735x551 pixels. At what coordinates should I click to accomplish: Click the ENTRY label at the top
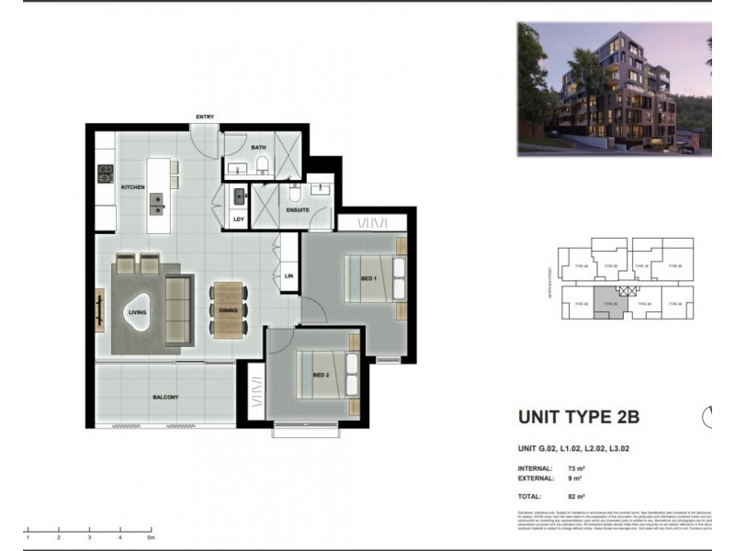click(x=204, y=117)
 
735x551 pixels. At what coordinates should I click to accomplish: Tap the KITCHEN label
click(x=133, y=187)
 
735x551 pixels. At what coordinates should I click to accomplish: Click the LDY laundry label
click(x=239, y=219)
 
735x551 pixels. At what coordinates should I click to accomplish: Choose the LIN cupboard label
click(x=288, y=275)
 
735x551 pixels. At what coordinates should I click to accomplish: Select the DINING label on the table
click(x=229, y=310)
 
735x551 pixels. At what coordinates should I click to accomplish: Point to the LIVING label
click(x=137, y=312)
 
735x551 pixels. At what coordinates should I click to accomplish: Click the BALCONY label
click(x=165, y=397)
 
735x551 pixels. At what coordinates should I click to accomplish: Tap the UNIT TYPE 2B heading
click(x=578, y=417)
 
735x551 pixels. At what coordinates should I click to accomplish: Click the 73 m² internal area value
click(x=576, y=468)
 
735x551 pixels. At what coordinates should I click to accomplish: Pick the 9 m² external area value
click(x=573, y=478)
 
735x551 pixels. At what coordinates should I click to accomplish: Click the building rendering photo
click(x=614, y=88)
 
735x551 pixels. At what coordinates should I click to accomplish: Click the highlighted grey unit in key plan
click(x=604, y=300)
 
